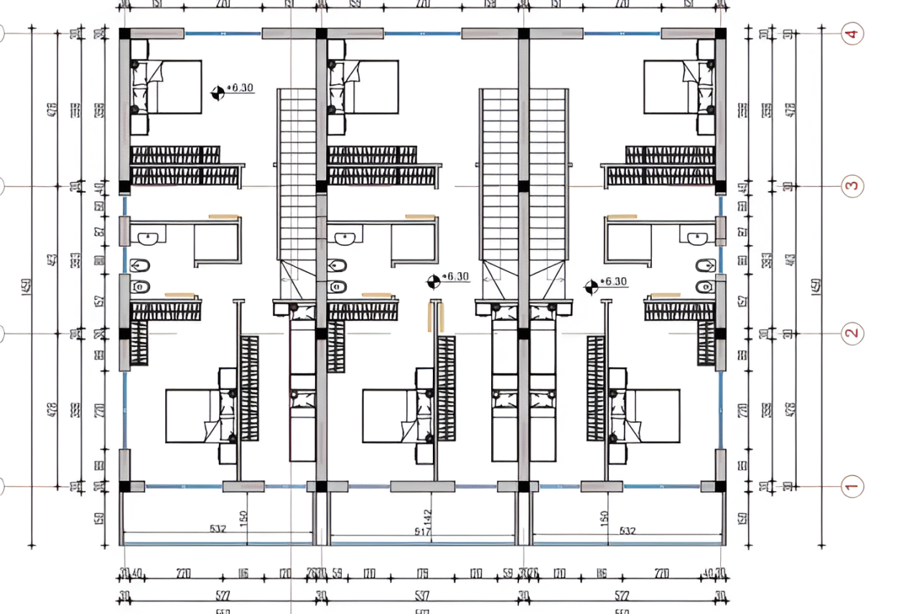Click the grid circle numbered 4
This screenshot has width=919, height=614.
[x=852, y=34]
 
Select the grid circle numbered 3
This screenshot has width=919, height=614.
[x=852, y=186]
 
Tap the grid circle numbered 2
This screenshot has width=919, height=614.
[x=852, y=333]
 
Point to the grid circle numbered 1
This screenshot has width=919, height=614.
[x=852, y=487]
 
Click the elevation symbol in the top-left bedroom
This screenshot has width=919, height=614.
[x=217, y=92]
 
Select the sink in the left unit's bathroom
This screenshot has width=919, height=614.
[x=151, y=237]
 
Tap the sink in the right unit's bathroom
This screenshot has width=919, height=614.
[x=696, y=238]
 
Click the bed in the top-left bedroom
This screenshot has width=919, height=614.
[x=172, y=87]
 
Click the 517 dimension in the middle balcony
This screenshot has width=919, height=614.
[x=422, y=532]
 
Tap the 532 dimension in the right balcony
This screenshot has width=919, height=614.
[x=626, y=531]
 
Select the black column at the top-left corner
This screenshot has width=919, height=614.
[x=124, y=34]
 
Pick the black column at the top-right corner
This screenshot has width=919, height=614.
[x=720, y=34]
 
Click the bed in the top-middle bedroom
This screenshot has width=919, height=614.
[x=369, y=87]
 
